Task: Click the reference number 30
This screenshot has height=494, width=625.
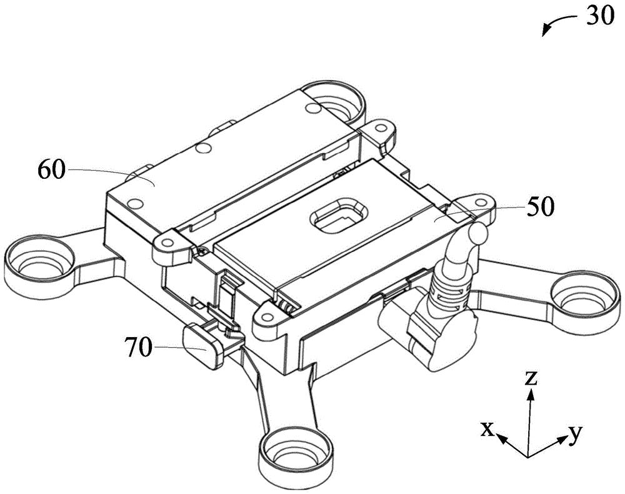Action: (x=599, y=16)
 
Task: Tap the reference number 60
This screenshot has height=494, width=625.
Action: (x=51, y=170)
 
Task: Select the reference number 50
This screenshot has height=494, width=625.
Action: (x=541, y=208)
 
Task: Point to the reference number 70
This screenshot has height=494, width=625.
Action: (x=138, y=347)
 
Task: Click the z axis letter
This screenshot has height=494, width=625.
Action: (x=531, y=379)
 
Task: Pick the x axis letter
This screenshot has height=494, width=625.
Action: (x=487, y=430)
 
